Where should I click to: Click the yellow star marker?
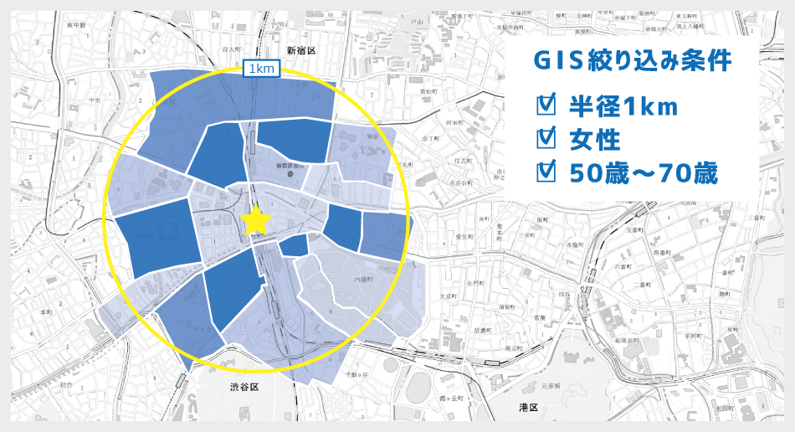[x=257, y=221]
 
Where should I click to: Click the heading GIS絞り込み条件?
[x=633, y=62]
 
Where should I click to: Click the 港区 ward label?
[x=528, y=407]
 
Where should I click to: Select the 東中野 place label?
[x=77, y=26]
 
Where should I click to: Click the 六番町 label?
[x=623, y=265]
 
